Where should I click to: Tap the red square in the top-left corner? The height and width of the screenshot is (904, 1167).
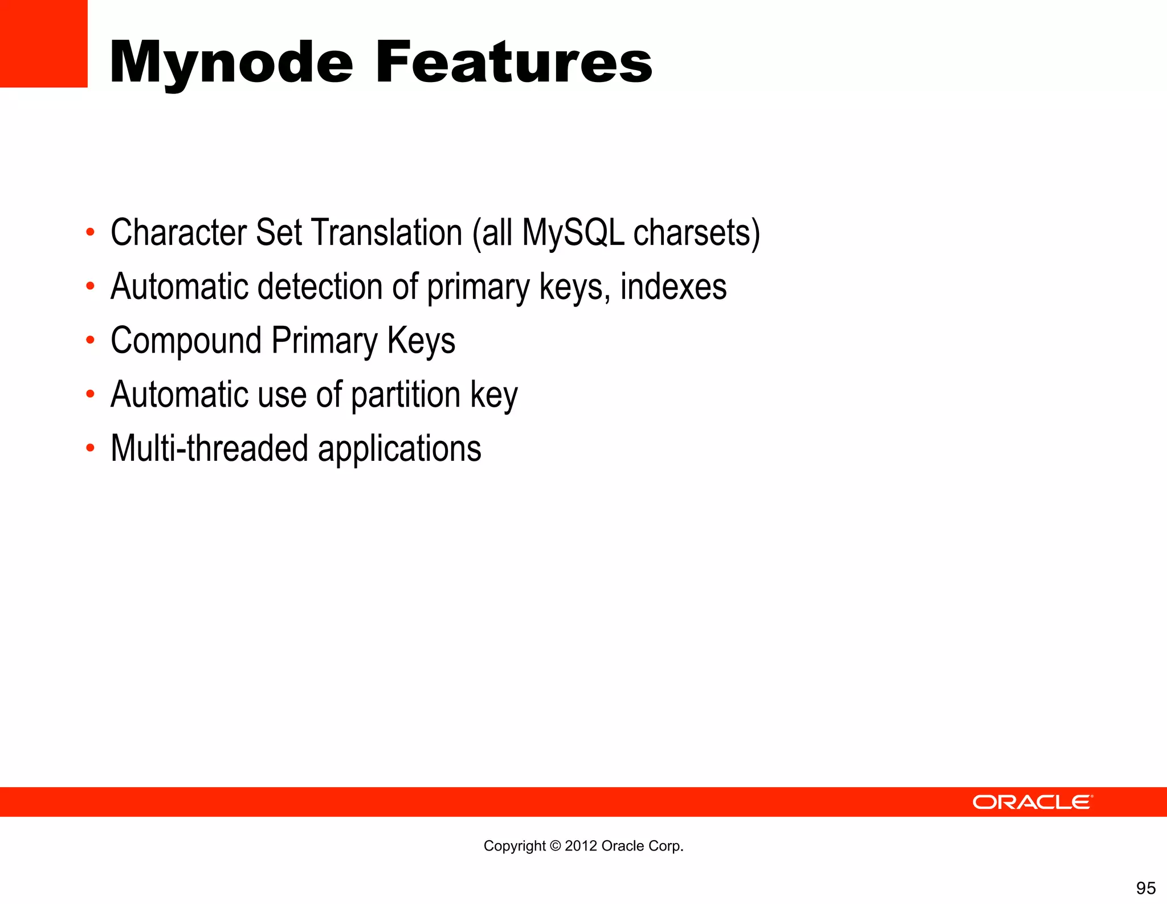click(x=43, y=43)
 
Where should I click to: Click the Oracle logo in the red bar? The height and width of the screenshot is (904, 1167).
click(x=1032, y=802)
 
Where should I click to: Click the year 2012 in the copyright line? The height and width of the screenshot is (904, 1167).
click(x=581, y=846)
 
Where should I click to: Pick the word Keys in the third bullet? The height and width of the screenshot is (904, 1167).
click(x=421, y=341)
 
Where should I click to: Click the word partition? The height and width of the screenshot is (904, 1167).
click(x=405, y=395)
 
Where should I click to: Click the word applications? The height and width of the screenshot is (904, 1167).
click(x=399, y=448)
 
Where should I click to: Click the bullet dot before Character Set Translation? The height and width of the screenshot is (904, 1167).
click(x=90, y=232)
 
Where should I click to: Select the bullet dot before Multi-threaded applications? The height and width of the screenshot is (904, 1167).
click(x=90, y=448)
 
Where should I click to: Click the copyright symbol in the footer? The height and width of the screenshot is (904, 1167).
click(x=555, y=846)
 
